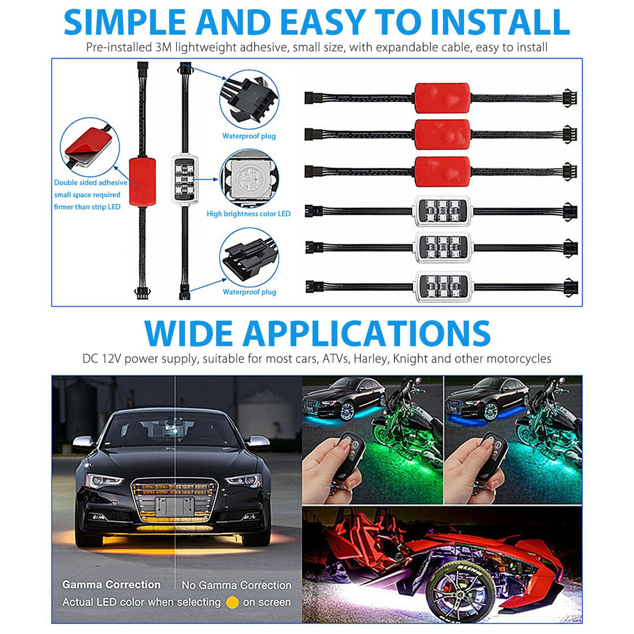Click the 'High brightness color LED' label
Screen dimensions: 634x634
click(248, 214)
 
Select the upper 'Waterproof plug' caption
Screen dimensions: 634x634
click(249, 136)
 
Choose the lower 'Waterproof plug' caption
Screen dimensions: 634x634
click(249, 292)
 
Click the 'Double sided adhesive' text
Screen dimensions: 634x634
click(91, 183)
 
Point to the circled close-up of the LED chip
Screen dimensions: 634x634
click(249, 178)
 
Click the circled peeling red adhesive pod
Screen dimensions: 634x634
click(90, 147)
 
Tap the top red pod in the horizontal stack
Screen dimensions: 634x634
click(442, 98)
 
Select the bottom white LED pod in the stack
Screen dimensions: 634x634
click(443, 286)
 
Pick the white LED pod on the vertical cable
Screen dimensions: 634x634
click(185, 180)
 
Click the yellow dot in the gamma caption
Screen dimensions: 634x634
click(232, 602)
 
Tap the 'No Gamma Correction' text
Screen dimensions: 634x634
click(237, 585)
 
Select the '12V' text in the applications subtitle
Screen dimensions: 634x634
click(111, 359)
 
